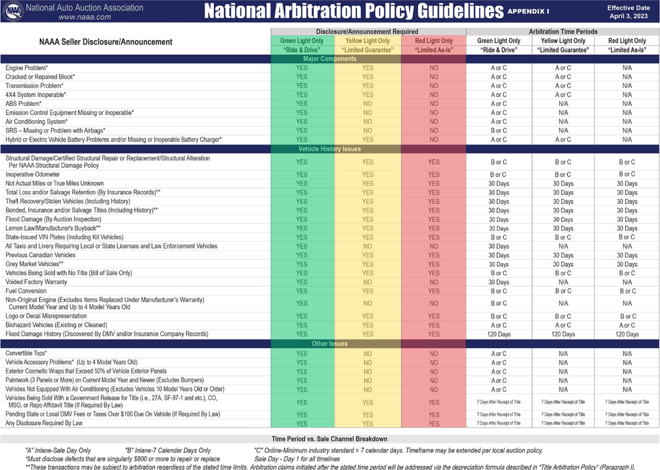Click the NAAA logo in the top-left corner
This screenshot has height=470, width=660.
click(13, 11)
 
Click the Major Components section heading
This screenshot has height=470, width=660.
click(334, 59)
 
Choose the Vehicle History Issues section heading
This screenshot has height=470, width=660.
click(334, 149)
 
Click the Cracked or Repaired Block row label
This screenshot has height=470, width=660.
click(40, 77)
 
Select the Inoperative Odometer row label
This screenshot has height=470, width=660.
click(32, 175)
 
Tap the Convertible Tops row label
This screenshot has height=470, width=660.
click(26, 354)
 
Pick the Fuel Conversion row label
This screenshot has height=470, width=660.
click(26, 291)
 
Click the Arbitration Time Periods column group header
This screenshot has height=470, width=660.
click(563, 32)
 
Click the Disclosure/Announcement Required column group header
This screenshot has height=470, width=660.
click(367, 32)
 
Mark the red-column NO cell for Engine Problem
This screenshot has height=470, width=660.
click(434, 68)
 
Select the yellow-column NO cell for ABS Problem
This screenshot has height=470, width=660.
click(368, 103)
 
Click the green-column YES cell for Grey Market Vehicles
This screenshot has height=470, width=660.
click(302, 264)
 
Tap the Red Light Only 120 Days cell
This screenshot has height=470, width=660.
click(627, 334)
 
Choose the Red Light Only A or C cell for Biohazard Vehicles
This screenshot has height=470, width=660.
click(627, 325)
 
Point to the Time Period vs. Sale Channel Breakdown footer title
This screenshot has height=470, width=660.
click(329, 439)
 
